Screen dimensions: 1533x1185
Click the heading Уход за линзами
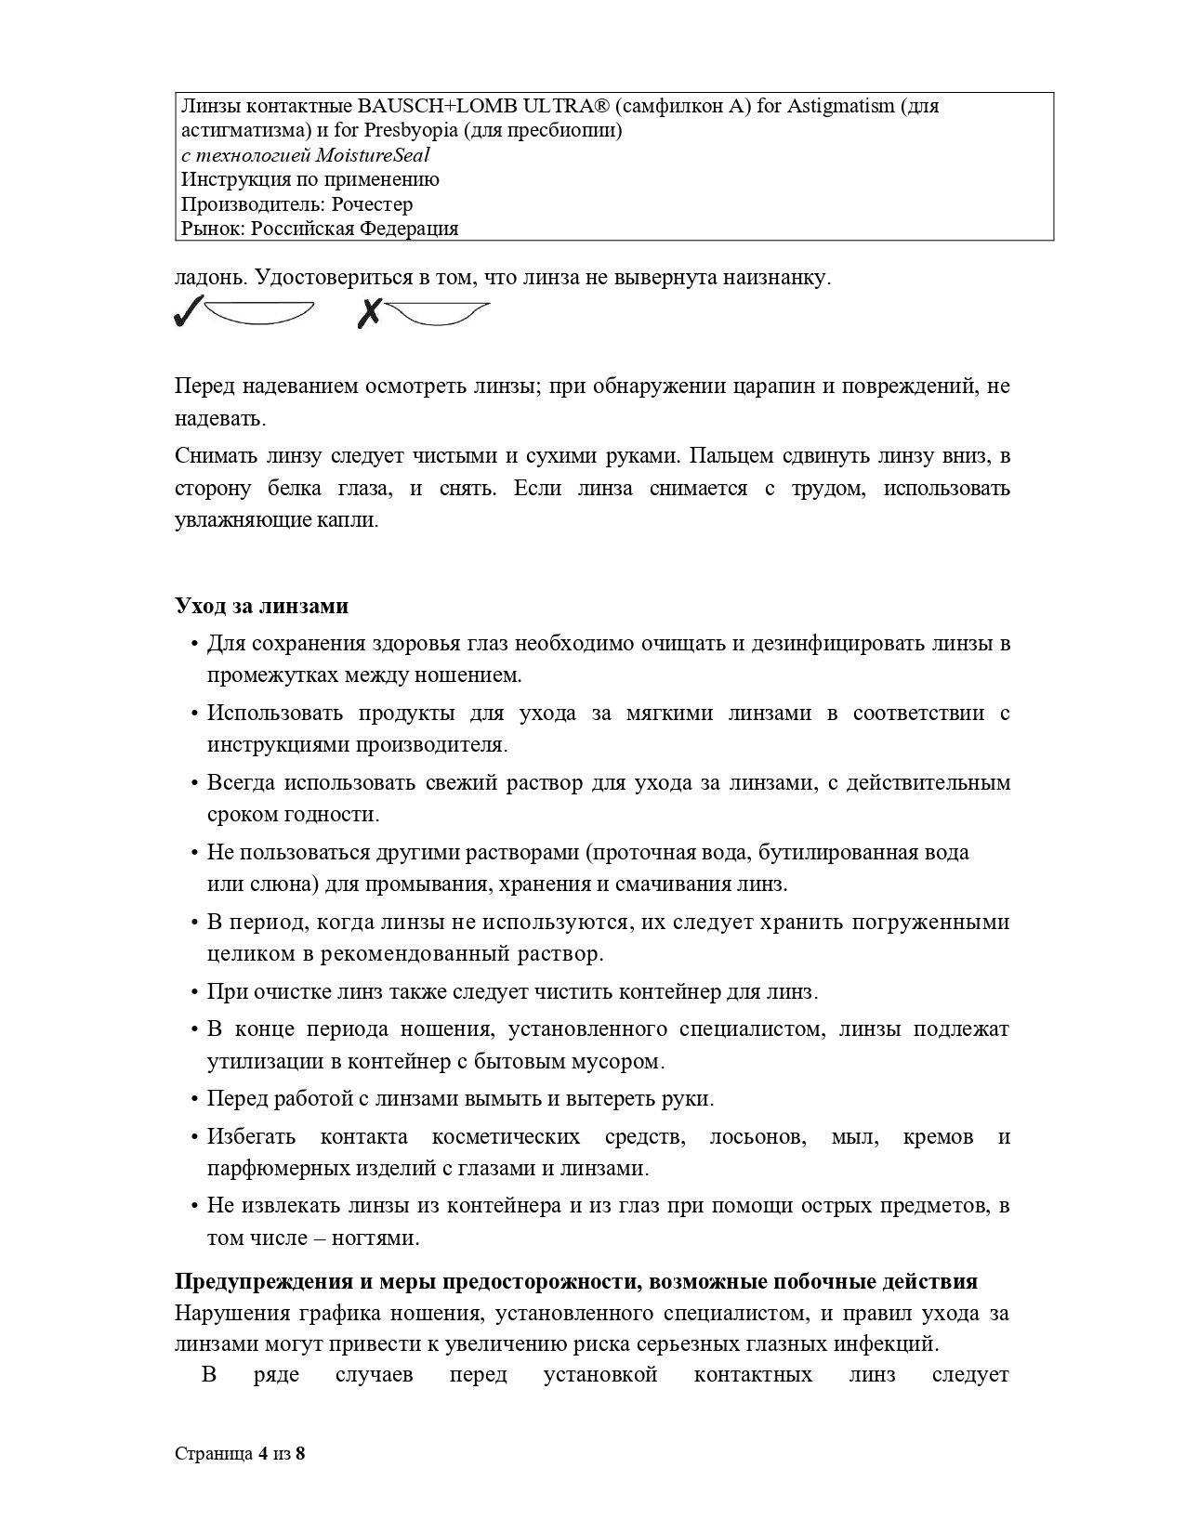pyautogui.click(x=262, y=606)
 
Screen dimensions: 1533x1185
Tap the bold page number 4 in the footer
pyautogui.click(x=264, y=1454)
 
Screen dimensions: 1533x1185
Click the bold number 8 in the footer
pyautogui.click(x=300, y=1454)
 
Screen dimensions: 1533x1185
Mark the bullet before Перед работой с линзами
pyautogui.click(x=194, y=1100)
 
